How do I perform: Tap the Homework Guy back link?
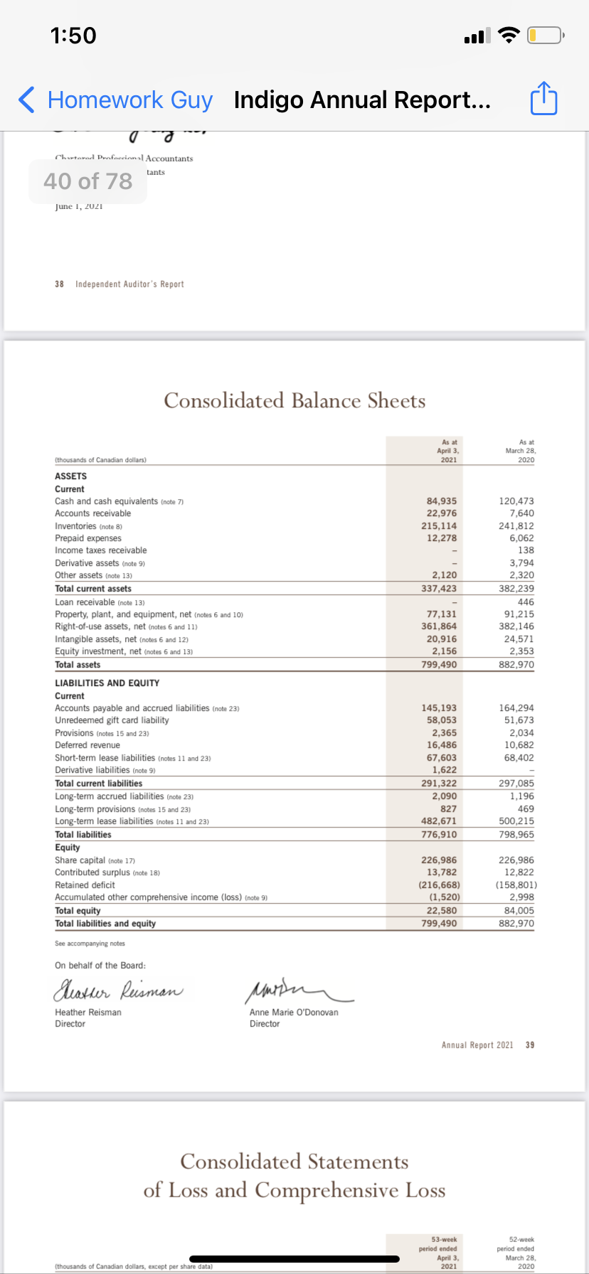[x=117, y=100]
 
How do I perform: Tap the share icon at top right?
[x=544, y=100]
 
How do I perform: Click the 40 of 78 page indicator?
[x=88, y=181]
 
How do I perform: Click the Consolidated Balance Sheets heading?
[x=294, y=401]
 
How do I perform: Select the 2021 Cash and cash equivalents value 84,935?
[x=441, y=501]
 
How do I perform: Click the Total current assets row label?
[x=93, y=589]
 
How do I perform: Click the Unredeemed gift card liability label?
[x=112, y=720]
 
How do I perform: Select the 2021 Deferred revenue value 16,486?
[x=441, y=745]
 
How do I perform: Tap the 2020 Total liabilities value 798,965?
[x=516, y=835]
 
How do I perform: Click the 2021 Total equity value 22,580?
[x=441, y=911]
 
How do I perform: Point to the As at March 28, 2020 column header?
[x=521, y=451]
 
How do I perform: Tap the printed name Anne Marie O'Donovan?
[x=294, y=1012]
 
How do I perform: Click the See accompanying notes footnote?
[x=90, y=943]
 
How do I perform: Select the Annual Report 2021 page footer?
[x=477, y=1045]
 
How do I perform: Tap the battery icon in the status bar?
[x=545, y=35]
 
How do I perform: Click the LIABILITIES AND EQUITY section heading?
[x=107, y=683]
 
